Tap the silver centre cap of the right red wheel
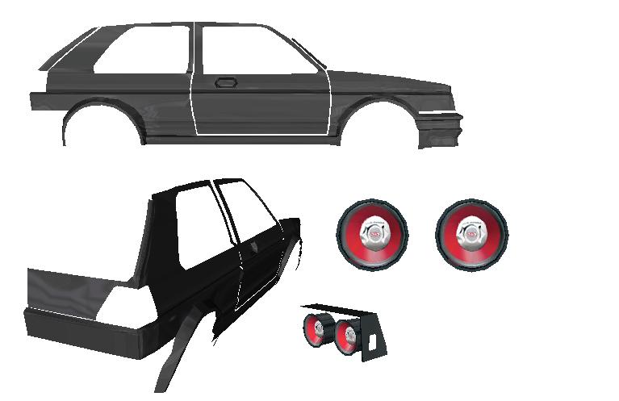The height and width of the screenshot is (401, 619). pos(472,232)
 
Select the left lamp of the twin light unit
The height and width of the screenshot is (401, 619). pos(315,331)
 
